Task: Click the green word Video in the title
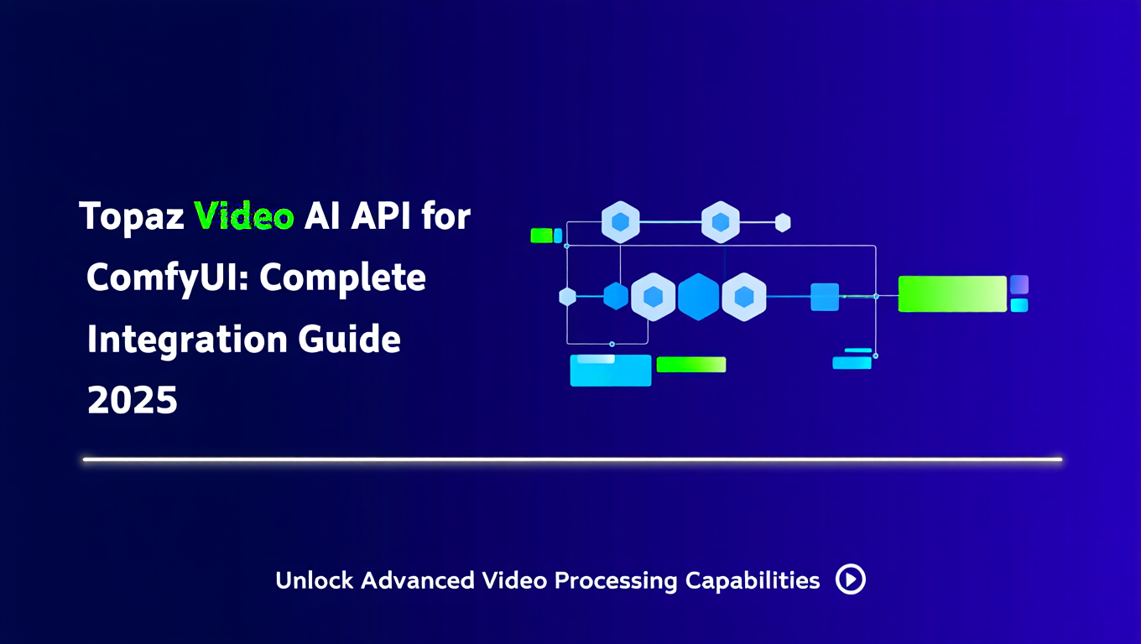coord(244,216)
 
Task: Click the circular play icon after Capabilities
coord(850,579)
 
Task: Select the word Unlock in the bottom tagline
coord(314,580)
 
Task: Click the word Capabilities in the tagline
coord(752,581)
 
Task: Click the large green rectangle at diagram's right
coord(952,293)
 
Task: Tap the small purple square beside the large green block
coord(1019,284)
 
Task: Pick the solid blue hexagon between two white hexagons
coord(698,297)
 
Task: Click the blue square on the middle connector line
coord(825,297)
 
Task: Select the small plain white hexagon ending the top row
coord(783,222)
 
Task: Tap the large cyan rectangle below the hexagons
coord(611,371)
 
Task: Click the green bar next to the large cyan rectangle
coord(690,365)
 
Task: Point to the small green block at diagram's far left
coord(541,236)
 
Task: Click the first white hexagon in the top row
coord(621,222)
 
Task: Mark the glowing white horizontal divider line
coord(572,460)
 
